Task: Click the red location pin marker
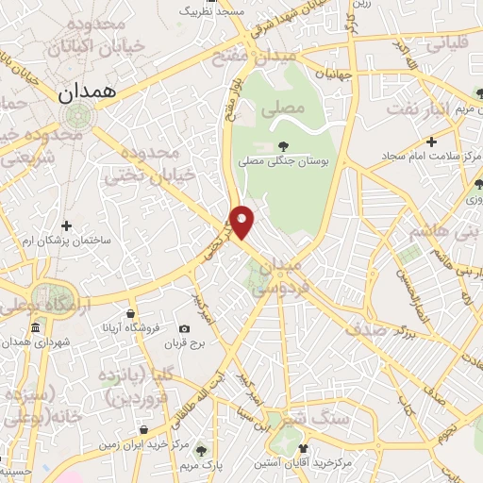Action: point(242,222)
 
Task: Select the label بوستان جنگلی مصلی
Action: point(284,162)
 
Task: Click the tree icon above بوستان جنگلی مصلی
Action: point(284,145)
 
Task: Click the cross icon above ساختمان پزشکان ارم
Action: point(66,226)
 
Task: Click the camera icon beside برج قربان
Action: point(184,328)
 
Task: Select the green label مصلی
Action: point(286,108)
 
